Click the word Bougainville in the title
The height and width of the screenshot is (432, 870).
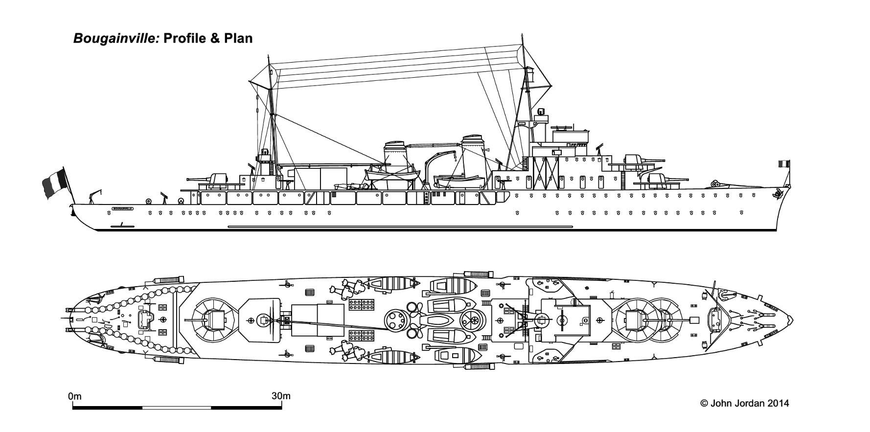[x=116, y=39]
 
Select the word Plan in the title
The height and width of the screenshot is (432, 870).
[x=238, y=38]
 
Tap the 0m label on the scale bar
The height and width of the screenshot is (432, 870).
[x=75, y=396]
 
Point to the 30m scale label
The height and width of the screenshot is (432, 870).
[x=281, y=396]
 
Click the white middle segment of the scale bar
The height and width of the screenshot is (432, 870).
[x=177, y=408]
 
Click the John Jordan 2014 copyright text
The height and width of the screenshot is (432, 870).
[x=744, y=404]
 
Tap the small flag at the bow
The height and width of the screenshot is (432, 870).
[x=784, y=164]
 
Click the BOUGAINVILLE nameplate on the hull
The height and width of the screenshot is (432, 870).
[x=122, y=208]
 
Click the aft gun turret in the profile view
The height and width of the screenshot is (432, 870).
[x=217, y=180]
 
